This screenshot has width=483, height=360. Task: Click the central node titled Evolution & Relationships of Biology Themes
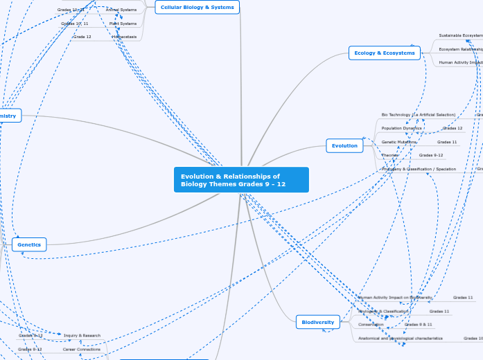[240, 180]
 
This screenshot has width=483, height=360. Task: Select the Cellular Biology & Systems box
[197, 7]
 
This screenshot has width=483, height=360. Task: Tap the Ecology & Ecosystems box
[384, 53]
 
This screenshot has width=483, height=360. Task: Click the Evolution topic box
[344, 145]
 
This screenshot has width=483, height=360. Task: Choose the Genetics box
[29, 244]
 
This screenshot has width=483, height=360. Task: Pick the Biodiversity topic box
[317, 321]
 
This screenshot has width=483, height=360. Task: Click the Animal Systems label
[121, 10]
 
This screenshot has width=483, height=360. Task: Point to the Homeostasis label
[124, 37]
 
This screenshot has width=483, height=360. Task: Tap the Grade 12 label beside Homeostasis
[82, 37]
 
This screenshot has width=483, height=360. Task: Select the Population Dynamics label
[401, 128]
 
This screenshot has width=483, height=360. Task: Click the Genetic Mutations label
[399, 142]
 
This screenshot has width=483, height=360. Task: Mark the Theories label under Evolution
[390, 155]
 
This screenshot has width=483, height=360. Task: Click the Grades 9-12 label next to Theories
[431, 155]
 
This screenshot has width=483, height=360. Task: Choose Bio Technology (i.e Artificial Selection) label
[419, 114]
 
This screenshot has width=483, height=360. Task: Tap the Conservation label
[371, 324]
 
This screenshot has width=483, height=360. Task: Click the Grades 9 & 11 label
[419, 324]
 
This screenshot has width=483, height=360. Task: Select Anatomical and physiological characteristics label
[401, 339]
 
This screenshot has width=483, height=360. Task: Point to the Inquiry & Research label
[82, 335]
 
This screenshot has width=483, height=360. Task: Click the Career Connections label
[82, 350]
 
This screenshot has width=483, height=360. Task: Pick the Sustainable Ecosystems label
[460, 35]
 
